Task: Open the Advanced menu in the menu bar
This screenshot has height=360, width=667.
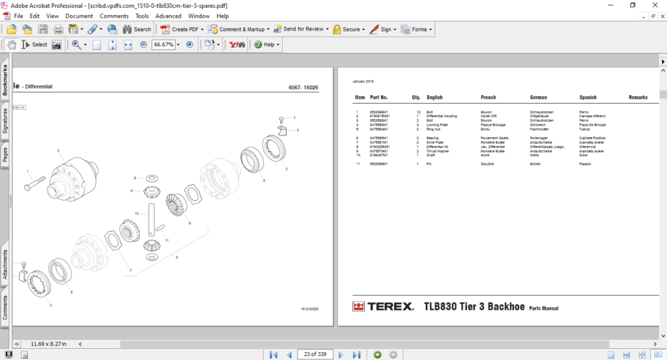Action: pos(168,16)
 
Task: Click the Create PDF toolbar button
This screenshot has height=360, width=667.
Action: pos(183,29)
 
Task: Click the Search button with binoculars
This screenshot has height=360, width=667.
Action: pos(136,29)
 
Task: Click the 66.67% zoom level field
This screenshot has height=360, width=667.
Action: pos(163,45)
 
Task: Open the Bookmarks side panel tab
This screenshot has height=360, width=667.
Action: pos(5,80)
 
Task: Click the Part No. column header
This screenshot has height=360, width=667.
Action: pos(378,98)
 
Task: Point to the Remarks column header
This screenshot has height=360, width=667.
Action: pos(638,98)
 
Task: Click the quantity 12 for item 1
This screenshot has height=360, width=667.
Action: pos(418,112)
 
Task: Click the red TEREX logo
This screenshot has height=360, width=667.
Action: pos(382,307)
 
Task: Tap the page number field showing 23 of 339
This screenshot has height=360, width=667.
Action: pos(315,354)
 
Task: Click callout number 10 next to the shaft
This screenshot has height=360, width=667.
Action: pos(137,214)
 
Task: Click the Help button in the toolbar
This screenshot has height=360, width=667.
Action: pos(266,45)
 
